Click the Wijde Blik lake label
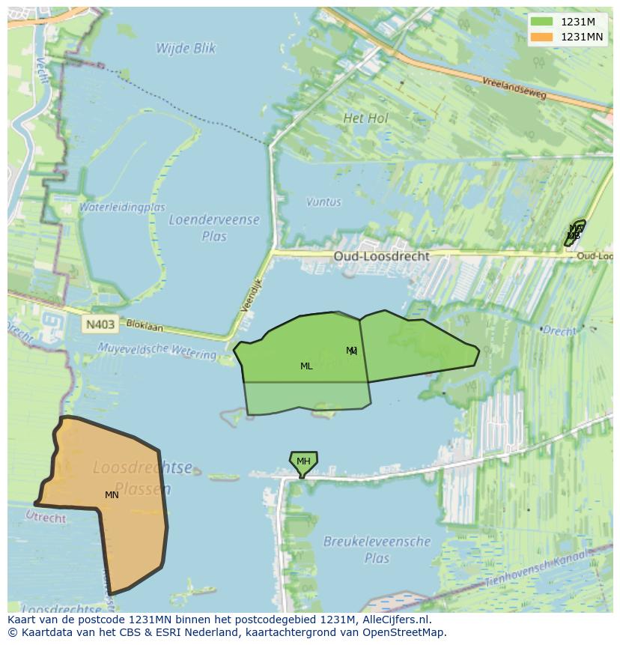point(186,49)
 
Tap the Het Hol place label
point(365,118)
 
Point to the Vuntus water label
point(323,202)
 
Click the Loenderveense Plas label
point(214,228)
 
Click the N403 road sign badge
point(100,324)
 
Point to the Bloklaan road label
point(144,327)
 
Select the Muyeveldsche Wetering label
point(156,349)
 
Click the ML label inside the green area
point(306,366)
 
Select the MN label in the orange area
point(112,495)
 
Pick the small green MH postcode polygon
point(303,461)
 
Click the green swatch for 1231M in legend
point(541,22)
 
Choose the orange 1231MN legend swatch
point(541,37)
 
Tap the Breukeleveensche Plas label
point(377,549)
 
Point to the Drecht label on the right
point(560,330)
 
